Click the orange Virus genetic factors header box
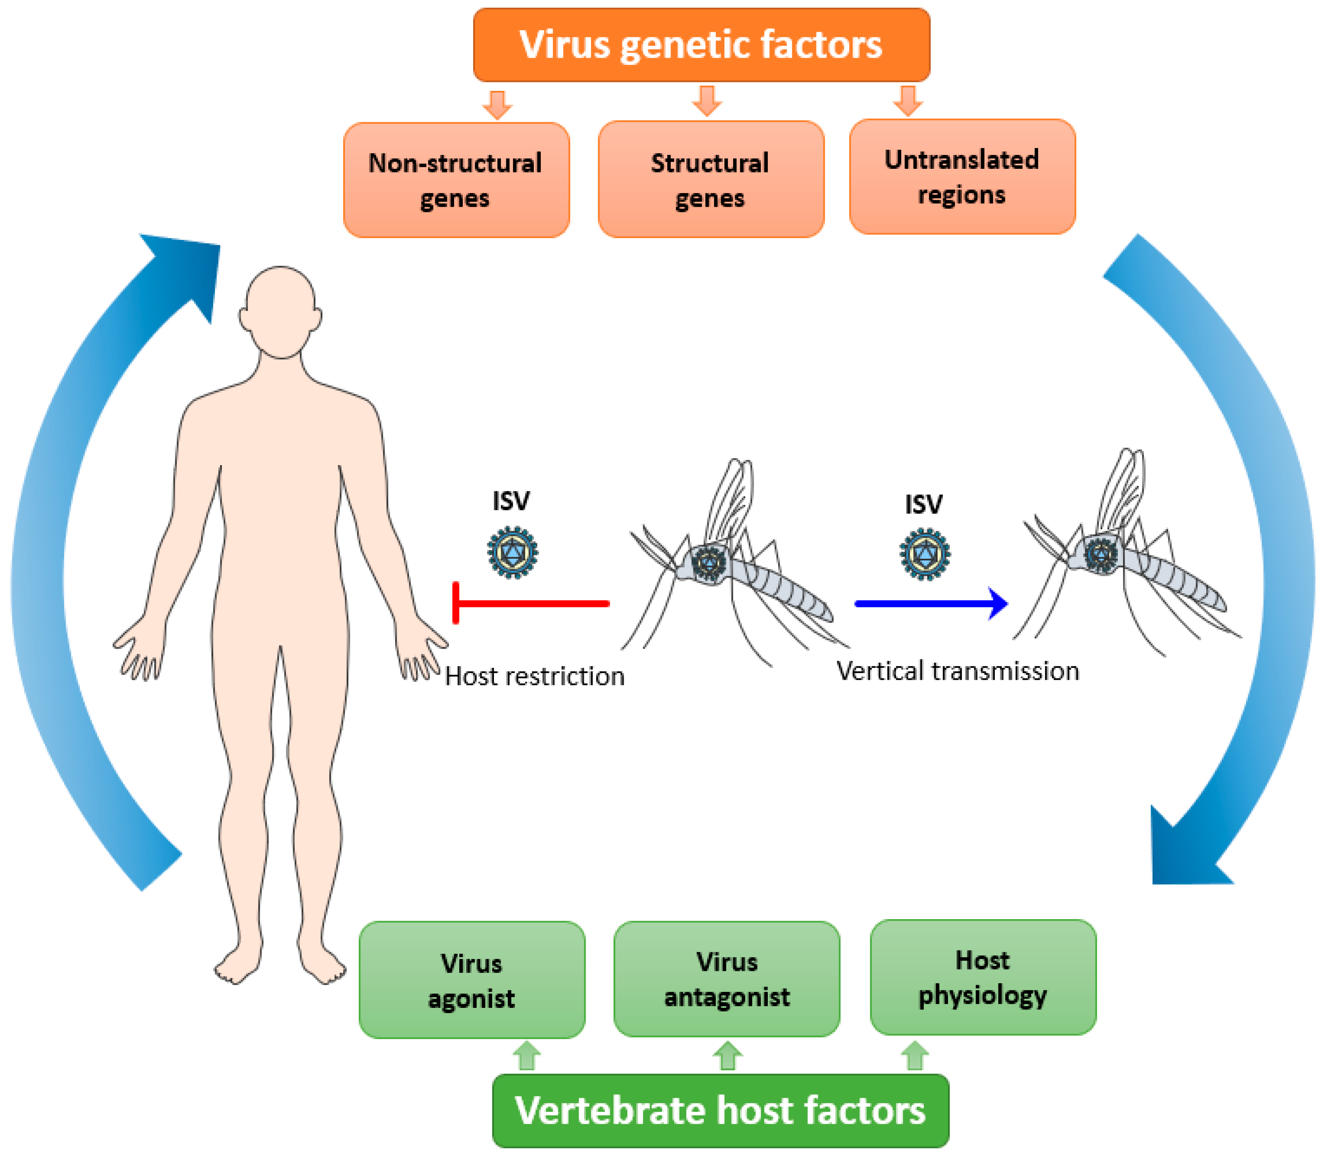tap(701, 45)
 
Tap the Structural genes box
tap(710, 180)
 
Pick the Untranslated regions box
tap(962, 176)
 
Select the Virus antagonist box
tap(726, 979)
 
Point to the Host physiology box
tap(982, 977)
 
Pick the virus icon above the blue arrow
tap(925, 554)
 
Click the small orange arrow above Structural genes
tap(707, 101)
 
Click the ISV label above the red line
tap(511, 501)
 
